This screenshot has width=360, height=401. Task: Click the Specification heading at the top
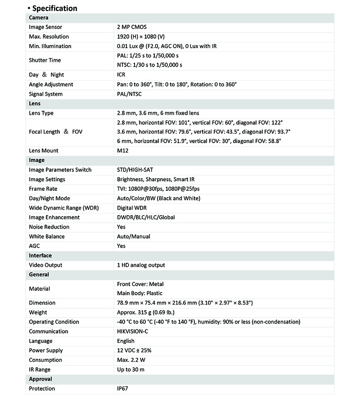[55, 8]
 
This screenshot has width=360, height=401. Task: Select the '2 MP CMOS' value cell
[131, 27]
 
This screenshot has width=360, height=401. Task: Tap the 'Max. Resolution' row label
[49, 36]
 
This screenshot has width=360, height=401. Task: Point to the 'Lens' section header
[35, 104]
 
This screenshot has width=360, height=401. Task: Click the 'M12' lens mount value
[122, 151]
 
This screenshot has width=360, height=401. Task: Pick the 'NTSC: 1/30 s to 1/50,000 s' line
[149, 65]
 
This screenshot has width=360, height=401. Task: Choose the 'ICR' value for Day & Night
[121, 75]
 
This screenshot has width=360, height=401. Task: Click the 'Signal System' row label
[45, 94]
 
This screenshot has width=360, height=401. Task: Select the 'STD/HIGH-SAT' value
[135, 170]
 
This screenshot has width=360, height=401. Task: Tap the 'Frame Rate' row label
[43, 189]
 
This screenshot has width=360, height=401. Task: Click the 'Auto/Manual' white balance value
[133, 236]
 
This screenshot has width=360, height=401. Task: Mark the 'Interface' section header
[40, 256]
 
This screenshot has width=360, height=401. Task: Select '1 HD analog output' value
[141, 265]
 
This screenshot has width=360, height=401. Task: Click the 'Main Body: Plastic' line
[139, 293]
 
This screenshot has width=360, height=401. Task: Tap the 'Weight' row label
[38, 312]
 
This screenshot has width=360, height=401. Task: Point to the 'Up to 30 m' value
[131, 369]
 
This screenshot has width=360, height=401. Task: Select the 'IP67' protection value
[123, 388]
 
